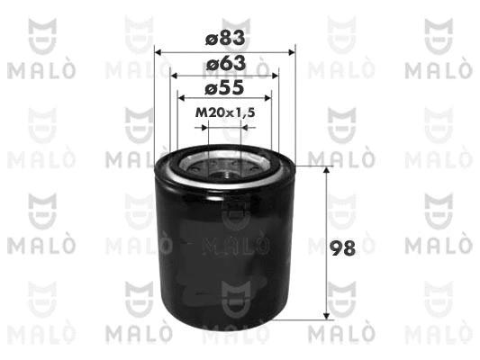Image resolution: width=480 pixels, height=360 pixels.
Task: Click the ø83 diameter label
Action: [x=225, y=38]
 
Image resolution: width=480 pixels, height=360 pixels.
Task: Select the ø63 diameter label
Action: [x=226, y=63]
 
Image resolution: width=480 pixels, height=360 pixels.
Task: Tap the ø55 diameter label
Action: [x=224, y=88]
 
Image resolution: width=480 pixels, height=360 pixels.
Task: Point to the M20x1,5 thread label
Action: [x=225, y=112]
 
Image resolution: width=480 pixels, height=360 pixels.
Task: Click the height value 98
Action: [x=342, y=248]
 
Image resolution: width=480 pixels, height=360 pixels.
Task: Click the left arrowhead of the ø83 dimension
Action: [x=158, y=52]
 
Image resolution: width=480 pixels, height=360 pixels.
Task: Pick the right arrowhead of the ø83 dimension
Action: [x=292, y=52]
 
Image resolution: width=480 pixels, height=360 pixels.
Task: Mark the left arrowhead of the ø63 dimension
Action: [x=174, y=76]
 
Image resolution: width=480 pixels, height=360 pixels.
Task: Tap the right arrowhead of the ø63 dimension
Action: [x=275, y=76]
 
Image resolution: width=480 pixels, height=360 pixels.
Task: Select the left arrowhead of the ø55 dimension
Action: [x=182, y=98]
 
